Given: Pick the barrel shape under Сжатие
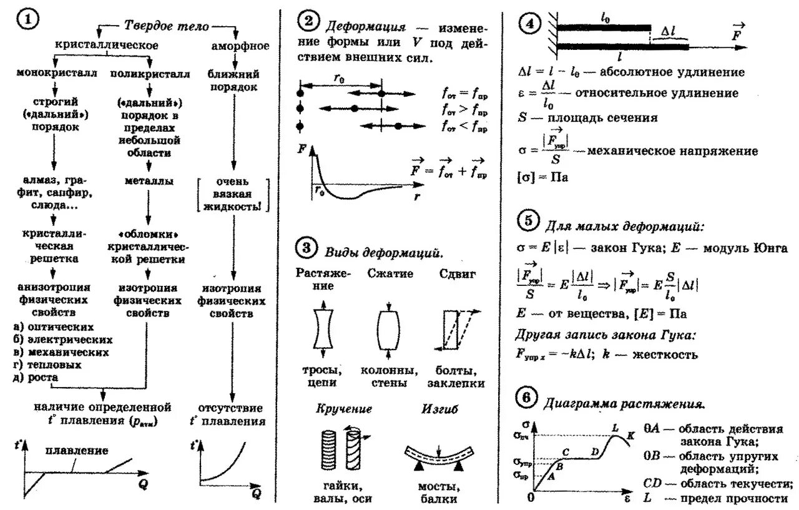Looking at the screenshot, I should point(388,327).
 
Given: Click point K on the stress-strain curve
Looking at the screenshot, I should point(631,436).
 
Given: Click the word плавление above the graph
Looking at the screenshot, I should point(77,450).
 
